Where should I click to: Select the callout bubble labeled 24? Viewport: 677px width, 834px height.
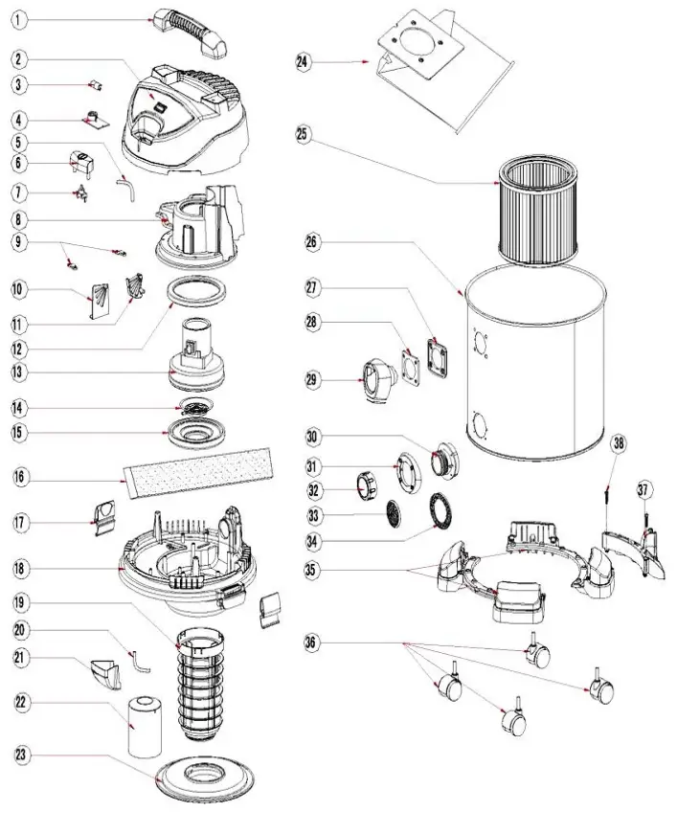tap(303, 62)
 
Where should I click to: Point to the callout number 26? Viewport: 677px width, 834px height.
tap(312, 241)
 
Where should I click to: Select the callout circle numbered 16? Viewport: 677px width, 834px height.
tap(21, 476)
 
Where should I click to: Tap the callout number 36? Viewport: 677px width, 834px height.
tap(312, 642)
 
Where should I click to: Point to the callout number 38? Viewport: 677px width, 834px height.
tap(620, 442)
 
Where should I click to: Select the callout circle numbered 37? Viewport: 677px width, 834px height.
tap(644, 490)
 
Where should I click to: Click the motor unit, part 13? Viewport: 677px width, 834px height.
tap(198, 353)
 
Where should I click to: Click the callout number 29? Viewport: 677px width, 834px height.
tap(312, 380)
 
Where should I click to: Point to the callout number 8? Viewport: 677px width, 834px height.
tap(21, 219)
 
